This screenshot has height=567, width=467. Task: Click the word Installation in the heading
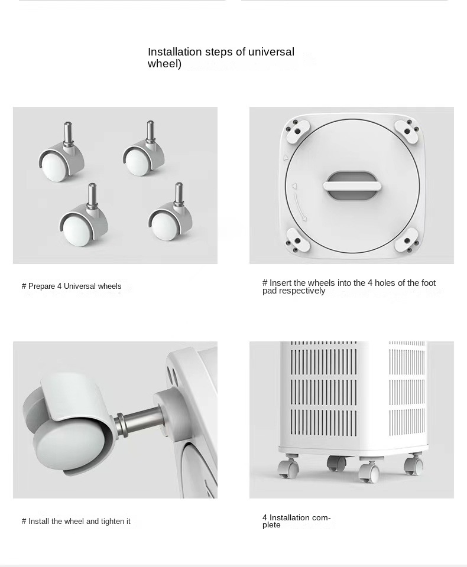[174, 52]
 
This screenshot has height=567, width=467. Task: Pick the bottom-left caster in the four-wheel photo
[83, 216]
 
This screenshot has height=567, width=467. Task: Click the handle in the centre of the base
[352, 186]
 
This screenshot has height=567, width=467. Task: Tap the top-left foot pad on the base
[297, 131]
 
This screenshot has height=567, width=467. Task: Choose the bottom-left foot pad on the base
[297, 240]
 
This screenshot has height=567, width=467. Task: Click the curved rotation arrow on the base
[300, 207]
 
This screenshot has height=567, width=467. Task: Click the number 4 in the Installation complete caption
[265, 518]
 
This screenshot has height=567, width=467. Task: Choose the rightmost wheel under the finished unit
[413, 464]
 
